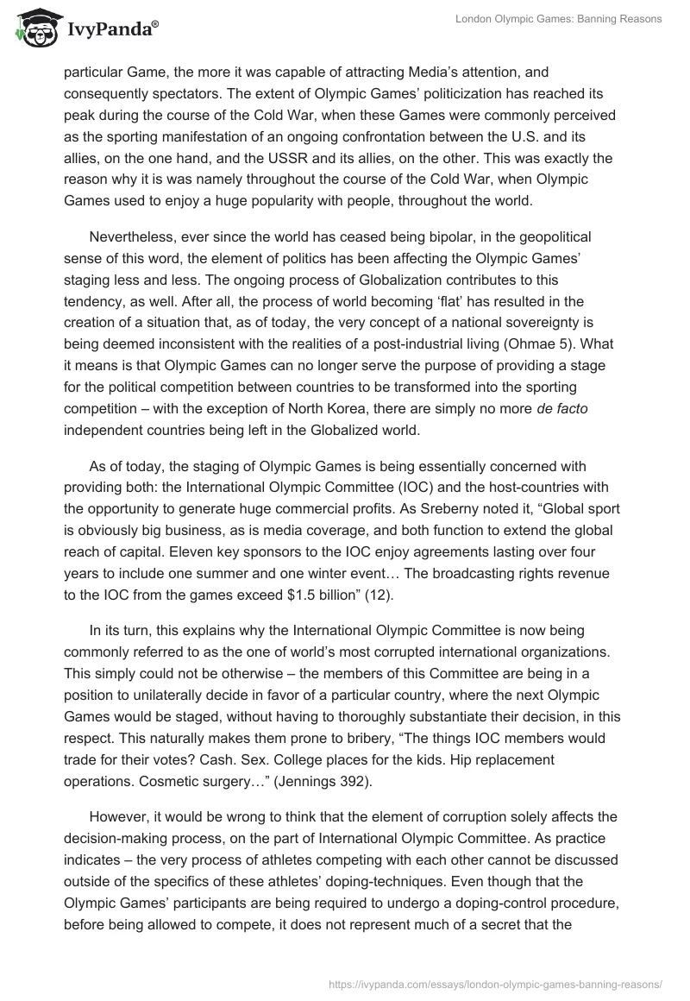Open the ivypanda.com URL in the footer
[496, 983]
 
